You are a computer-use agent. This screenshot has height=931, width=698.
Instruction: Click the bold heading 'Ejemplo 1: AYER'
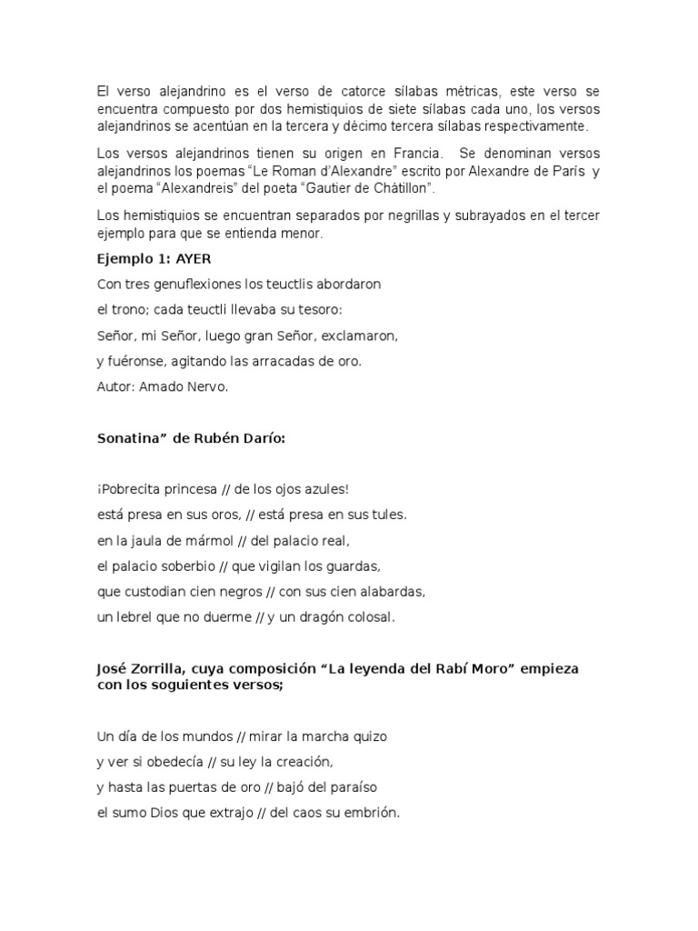click(153, 258)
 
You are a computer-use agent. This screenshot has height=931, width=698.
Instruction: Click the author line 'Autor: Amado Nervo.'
click(160, 386)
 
